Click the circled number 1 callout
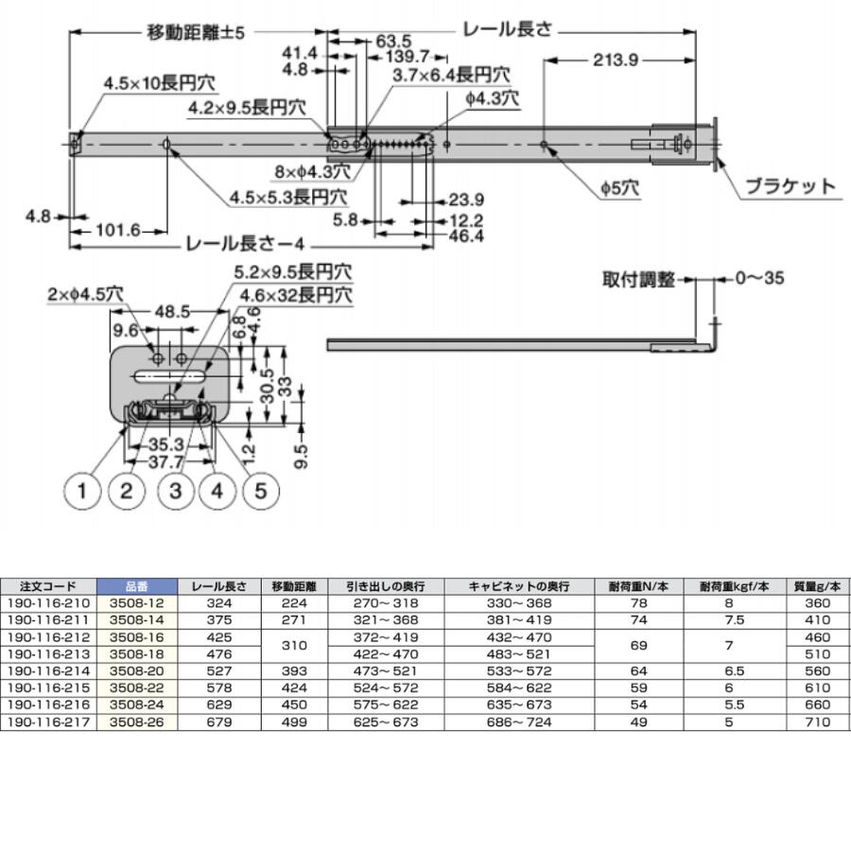pyautogui.click(x=82, y=491)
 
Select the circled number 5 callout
pyautogui.click(x=262, y=491)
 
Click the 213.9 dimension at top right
pyautogui.click(x=617, y=61)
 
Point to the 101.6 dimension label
pyautogui.click(x=117, y=230)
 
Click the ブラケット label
pyautogui.click(x=790, y=186)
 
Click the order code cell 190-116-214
pyautogui.click(x=48, y=670)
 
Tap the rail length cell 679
pyautogui.click(x=219, y=721)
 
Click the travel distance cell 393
pyautogui.click(x=295, y=670)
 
